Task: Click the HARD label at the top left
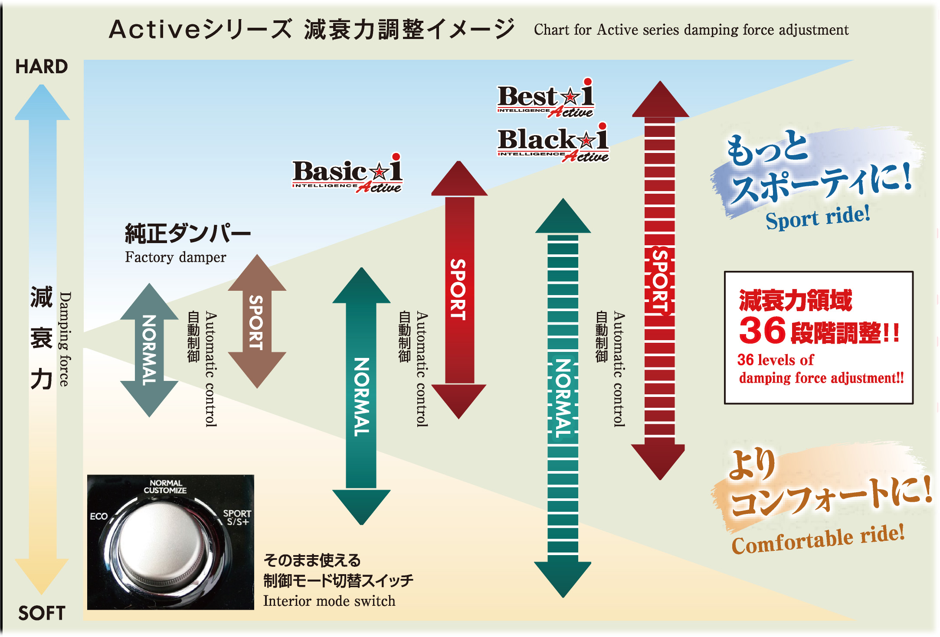[42, 67]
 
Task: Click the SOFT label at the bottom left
[42, 613]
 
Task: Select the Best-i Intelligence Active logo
[546, 99]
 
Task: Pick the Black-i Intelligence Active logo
[553, 143]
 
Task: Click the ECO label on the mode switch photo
[99, 516]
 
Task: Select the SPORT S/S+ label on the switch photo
[237, 517]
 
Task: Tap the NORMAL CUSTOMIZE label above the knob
[165, 487]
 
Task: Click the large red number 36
[762, 331]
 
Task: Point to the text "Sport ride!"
[817, 217]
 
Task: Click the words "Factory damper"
[175, 257]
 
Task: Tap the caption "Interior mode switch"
[329, 601]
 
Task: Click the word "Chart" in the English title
[551, 30]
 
